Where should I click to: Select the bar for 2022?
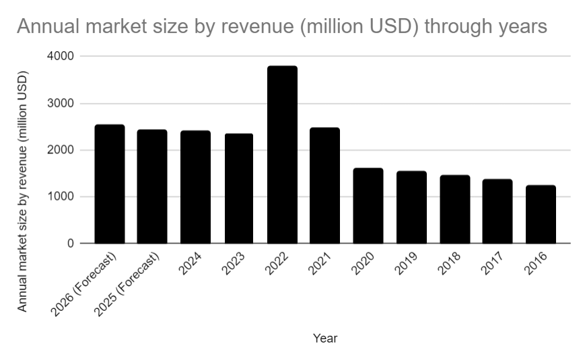(282, 155)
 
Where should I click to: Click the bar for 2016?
(541, 214)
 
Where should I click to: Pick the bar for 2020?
(368, 205)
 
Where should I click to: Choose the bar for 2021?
(325, 185)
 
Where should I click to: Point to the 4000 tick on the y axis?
(61, 57)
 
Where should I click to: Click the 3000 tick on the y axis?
(61, 104)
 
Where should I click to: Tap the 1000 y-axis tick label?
(61, 197)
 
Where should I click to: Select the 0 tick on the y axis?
(70, 244)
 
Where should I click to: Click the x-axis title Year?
(325, 338)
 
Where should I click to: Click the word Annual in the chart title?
(46, 27)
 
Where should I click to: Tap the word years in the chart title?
(518, 27)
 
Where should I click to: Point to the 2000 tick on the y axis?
(61, 150)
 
